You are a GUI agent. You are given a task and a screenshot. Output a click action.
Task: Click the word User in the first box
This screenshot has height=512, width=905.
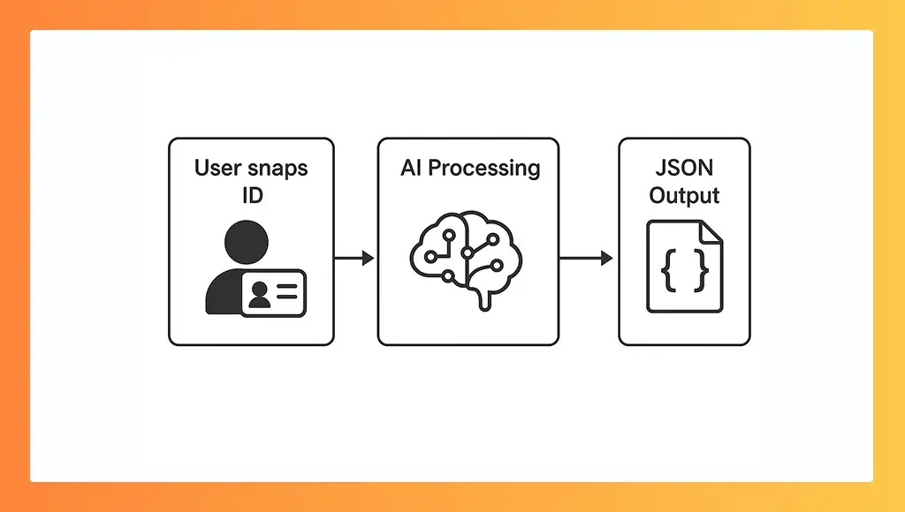[x=217, y=168]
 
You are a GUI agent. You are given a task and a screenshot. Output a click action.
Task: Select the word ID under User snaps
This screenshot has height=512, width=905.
[x=252, y=195]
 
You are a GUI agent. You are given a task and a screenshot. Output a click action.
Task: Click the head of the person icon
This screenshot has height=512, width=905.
[x=247, y=240]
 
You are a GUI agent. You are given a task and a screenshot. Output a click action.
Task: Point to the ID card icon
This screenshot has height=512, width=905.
[x=273, y=293]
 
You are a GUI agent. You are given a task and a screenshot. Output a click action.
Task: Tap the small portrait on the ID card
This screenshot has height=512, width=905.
[x=260, y=295]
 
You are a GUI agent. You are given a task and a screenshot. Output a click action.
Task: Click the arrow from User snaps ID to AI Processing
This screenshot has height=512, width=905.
[x=354, y=258]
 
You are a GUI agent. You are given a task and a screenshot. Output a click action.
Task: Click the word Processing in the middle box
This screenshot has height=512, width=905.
[x=484, y=169]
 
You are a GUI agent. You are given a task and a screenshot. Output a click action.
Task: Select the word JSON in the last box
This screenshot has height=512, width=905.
[x=684, y=168]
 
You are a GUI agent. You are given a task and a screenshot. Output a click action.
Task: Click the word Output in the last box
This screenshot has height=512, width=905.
[x=684, y=195]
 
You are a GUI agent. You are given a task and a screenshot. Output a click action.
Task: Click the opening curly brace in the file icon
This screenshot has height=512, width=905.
[x=669, y=272]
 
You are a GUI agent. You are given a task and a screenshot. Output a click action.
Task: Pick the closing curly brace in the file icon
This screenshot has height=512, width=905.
[x=702, y=272]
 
